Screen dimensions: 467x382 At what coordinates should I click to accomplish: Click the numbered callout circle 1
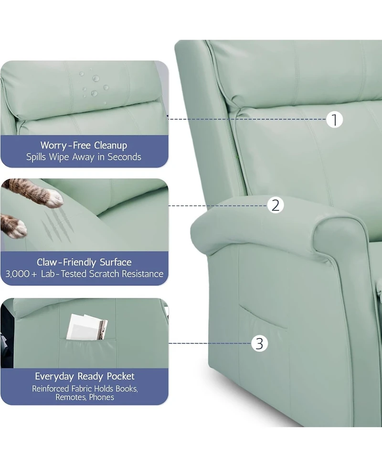pyautogui.click(x=335, y=119)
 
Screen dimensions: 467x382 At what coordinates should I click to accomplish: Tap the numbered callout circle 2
pyautogui.click(x=275, y=206)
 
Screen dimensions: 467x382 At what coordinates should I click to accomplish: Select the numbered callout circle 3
pyautogui.click(x=259, y=343)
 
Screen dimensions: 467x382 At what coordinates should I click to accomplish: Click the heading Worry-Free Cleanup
pyautogui.click(x=84, y=145)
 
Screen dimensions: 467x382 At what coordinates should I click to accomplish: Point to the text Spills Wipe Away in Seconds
pyautogui.click(x=84, y=157)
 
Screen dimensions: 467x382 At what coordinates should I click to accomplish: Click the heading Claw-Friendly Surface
pyautogui.click(x=84, y=262)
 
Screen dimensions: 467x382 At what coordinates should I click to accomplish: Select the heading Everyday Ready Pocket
pyautogui.click(x=85, y=376)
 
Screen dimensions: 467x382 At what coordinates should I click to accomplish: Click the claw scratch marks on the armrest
pyautogui.click(x=57, y=225)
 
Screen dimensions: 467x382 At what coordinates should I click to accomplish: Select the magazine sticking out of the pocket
pyautogui.click(x=86, y=327)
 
